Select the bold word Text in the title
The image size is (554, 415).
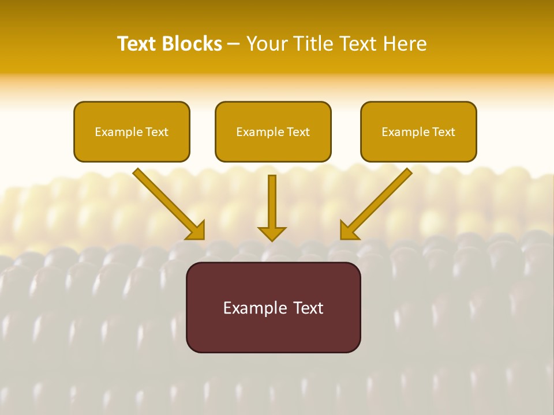[137, 44]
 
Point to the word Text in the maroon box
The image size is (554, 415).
[309, 308]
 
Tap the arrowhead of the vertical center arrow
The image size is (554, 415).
[272, 233]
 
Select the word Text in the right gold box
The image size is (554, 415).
[444, 132]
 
